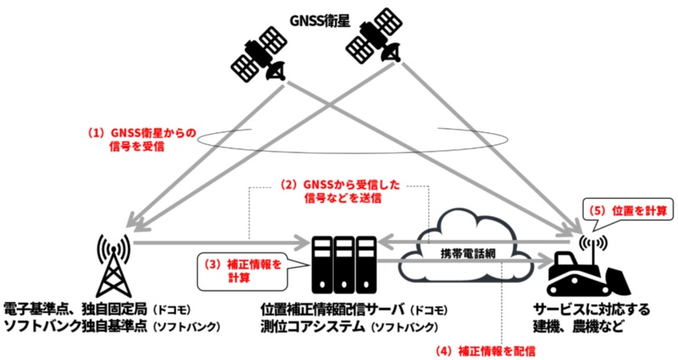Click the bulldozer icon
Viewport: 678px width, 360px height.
coord(585,270)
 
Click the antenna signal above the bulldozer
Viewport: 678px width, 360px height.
coord(587,241)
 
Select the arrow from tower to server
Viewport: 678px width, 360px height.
coord(212,242)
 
